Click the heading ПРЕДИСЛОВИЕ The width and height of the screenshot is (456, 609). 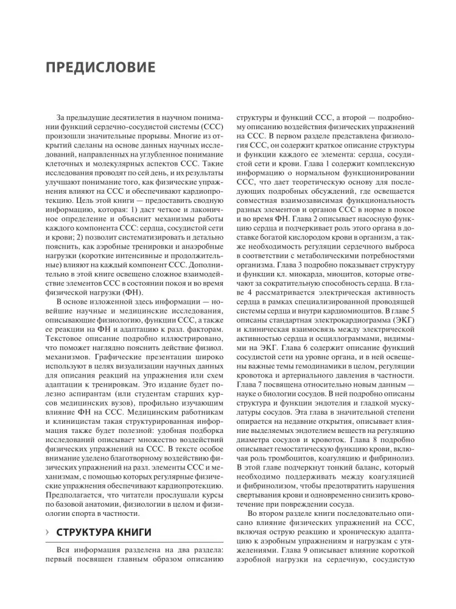tap(100, 66)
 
